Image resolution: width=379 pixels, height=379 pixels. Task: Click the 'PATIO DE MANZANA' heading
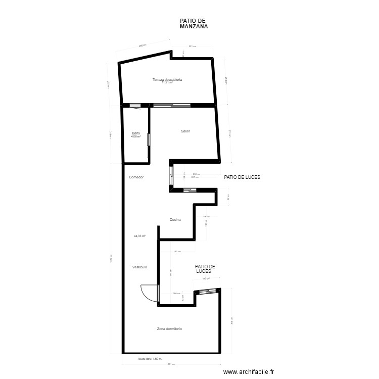click(x=194, y=24)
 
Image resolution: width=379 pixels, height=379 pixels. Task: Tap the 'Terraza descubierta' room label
click(x=167, y=79)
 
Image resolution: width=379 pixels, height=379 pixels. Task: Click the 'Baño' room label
click(x=135, y=133)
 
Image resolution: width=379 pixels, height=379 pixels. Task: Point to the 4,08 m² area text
click(x=135, y=136)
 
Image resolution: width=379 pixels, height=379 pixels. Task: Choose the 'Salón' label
click(x=185, y=131)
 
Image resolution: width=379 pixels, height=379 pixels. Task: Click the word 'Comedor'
click(x=136, y=177)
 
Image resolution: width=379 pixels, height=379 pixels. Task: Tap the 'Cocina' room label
click(x=175, y=219)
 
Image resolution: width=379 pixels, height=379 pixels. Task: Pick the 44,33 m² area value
click(x=139, y=235)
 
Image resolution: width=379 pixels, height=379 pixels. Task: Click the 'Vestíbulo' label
click(x=139, y=266)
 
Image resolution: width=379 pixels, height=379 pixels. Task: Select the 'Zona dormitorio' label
click(x=169, y=328)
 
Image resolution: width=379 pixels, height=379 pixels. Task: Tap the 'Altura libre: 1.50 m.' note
click(x=150, y=359)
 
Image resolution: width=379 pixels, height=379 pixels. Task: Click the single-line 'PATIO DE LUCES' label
click(x=246, y=177)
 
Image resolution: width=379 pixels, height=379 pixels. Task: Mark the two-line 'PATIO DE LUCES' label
click(x=205, y=269)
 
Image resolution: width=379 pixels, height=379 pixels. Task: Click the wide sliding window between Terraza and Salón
click(x=172, y=106)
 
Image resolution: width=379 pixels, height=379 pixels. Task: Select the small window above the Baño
click(x=135, y=106)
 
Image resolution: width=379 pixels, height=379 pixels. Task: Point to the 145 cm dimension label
click(x=206, y=279)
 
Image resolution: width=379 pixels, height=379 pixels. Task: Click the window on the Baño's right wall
click(x=149, y=140)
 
